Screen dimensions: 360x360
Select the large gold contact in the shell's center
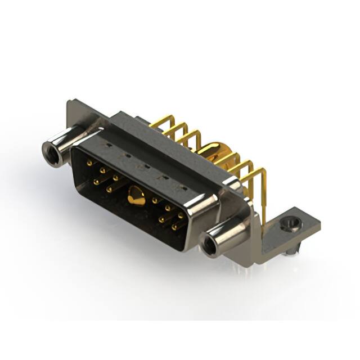[x=134, y=196]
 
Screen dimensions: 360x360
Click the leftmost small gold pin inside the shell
[x=89, y=163]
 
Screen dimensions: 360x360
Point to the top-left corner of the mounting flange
[x=69, y=102]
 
